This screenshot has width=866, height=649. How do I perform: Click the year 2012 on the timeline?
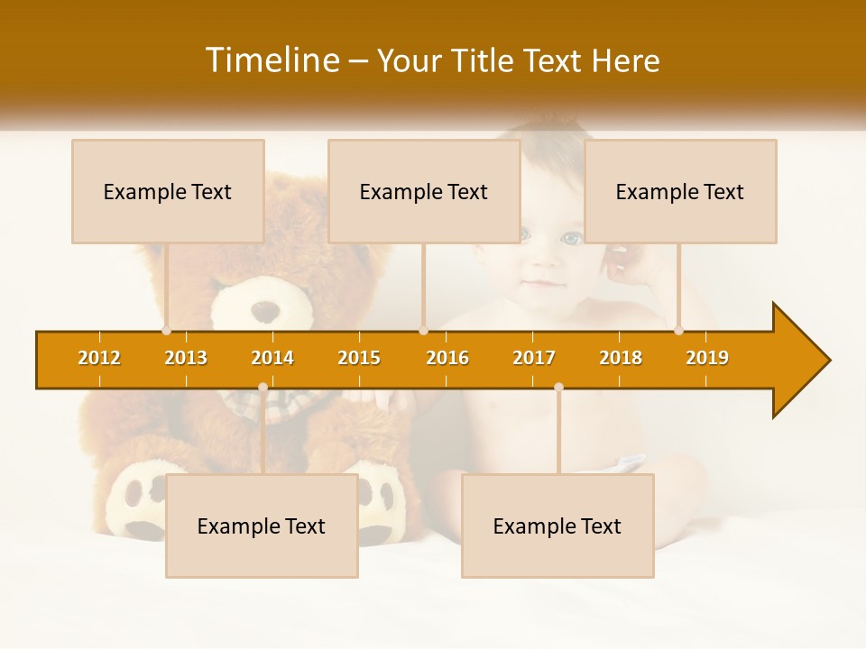coord(99,358)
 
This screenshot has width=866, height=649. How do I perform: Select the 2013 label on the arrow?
coord(186,358)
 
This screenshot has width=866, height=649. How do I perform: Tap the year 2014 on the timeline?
coord(272,358)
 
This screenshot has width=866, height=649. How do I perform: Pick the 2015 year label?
coord(359,358)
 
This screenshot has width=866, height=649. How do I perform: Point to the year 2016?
coord(447,358)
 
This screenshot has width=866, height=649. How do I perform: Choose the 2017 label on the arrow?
coord(534,358)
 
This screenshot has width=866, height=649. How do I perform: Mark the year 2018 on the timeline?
coord(621,358)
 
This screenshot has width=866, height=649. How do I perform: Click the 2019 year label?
coord(707,358)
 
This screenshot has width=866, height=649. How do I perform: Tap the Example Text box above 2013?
coord(168,191)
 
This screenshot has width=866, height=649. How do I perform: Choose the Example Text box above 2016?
coord(424,191)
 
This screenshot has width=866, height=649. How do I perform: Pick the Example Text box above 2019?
coord(680,191)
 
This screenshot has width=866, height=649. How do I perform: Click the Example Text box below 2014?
coord(262,526)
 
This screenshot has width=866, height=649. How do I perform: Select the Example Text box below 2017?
coord(557,526)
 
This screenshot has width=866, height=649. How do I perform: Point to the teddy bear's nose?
coord(265,312)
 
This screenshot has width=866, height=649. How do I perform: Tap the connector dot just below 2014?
coord(263,388)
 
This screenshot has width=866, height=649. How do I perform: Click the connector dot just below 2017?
coord(558,388)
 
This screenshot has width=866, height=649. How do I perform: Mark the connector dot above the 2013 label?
coord(167,331)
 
